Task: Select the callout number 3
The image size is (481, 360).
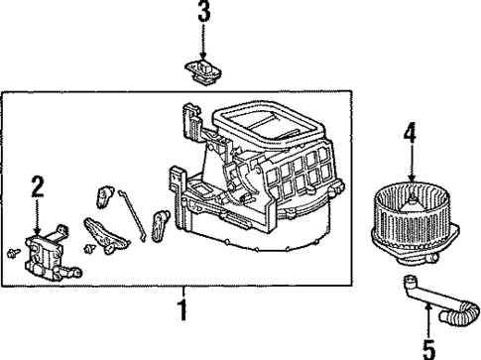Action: point(202,14)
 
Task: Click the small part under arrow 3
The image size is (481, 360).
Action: point(202,68)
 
